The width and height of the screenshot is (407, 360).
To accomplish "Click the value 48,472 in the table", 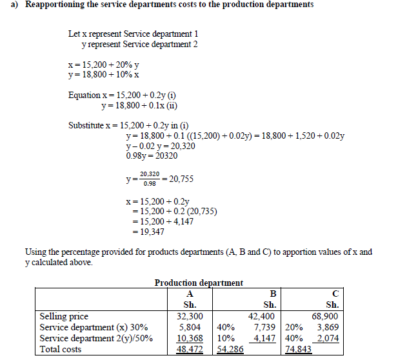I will click(x=190, y=349).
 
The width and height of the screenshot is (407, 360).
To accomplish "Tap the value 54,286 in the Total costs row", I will click(x=230, y=349).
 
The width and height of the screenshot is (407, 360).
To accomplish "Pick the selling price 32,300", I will click(x=190, y=317).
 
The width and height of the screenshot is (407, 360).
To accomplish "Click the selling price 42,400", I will click(x=261, y=317).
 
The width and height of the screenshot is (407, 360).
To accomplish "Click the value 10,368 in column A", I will click(x=190, y=338).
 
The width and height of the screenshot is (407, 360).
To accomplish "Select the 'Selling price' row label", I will click(x=64, y=317).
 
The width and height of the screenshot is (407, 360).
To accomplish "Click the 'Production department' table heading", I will click(x=199, y=283).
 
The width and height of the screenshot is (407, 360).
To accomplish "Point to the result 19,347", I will click(x=152, y=232).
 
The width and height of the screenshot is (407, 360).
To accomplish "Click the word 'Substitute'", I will click(x=88, y=125).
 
